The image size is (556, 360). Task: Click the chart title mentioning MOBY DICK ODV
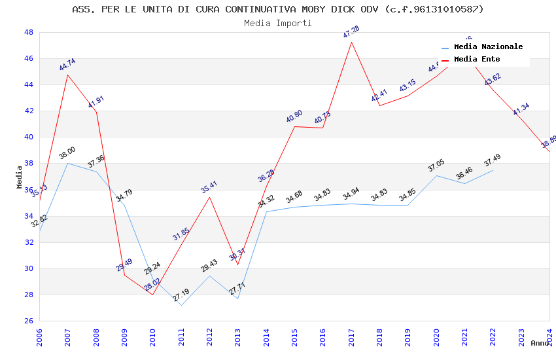[x=278, y=9]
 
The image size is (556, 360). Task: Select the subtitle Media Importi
[x=278, y=23]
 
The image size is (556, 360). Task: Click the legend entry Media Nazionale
[x=488, y=46]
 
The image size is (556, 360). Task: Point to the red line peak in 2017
[x=351, y=42]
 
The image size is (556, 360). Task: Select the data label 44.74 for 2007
[x=67, y=64]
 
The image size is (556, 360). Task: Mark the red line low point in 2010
[x=152, y=295]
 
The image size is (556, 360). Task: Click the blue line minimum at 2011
[x=181, y=305]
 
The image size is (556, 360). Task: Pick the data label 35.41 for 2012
[x=209, y=187]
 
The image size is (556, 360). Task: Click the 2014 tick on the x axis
[x=266, y=336]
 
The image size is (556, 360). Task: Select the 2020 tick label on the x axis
[x=436, y=336]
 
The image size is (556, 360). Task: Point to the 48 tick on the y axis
[x=29, y=32]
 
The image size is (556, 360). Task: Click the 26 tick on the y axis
[x=29, y=321]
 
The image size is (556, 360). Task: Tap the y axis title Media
[x=20, y=177]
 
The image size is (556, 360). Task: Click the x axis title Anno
[x=540, y=343]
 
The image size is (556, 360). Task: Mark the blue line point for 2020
[x=436, y=175]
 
